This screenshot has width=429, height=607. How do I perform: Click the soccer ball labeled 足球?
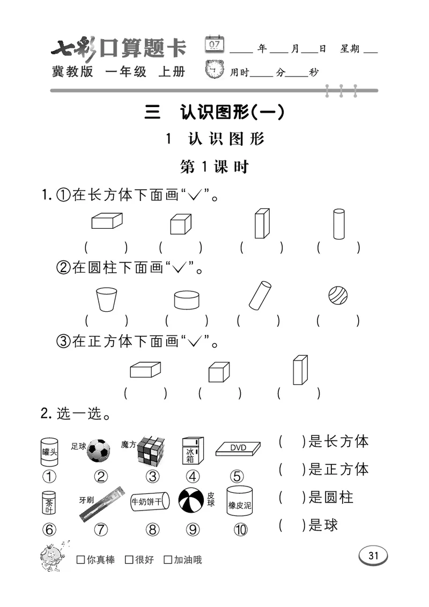point(98,451)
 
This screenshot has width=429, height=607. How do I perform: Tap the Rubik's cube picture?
point(151,451)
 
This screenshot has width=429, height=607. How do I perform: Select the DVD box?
point(238,449)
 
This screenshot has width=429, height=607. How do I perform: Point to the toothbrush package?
point(101,503)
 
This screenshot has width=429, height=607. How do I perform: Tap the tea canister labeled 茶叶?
point(49,504)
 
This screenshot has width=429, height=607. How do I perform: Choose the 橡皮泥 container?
point(239,502)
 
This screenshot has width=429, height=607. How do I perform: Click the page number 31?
point(373,556)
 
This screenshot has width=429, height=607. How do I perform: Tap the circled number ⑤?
point(236,476)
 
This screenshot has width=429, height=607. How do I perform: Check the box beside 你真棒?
point(80,560)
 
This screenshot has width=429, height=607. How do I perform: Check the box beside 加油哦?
point(168,560)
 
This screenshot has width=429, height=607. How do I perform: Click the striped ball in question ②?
point(338,295)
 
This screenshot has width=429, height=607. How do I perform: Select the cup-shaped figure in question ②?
point(106,299)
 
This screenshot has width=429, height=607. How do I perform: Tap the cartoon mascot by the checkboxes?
point(52,554)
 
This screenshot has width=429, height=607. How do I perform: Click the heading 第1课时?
point(214,167)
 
